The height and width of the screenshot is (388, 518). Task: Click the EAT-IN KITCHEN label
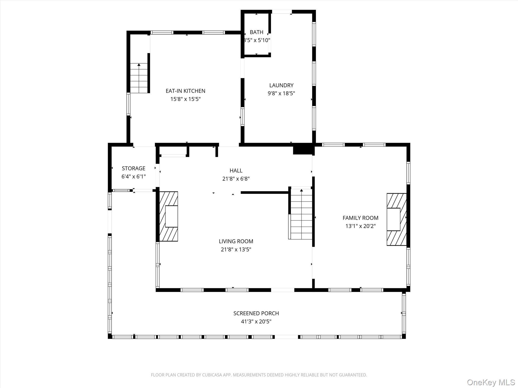(185, 91)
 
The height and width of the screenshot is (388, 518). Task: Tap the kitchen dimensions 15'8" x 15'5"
(185, 99)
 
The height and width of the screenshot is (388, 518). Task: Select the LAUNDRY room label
(281, 85)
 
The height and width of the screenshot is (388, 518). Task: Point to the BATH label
(256, 32)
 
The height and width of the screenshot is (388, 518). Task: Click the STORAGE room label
(134, 168)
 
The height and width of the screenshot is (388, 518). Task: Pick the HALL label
(236, 171)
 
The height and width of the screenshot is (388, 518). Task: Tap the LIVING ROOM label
(236, 241)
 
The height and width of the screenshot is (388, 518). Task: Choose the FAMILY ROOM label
(360, 218)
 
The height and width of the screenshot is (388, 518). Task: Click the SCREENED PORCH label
(256, 313)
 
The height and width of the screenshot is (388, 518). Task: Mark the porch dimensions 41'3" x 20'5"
(256, 322)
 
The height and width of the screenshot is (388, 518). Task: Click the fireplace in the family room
(396, 219)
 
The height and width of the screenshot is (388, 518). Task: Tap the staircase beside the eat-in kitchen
(139, 78)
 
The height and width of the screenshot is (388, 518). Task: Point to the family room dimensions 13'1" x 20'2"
(360, 226)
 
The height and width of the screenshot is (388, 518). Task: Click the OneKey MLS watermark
(491, 382)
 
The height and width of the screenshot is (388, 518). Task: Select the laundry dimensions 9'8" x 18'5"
(281, 93)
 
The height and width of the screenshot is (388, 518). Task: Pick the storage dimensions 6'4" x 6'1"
(134, 177)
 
